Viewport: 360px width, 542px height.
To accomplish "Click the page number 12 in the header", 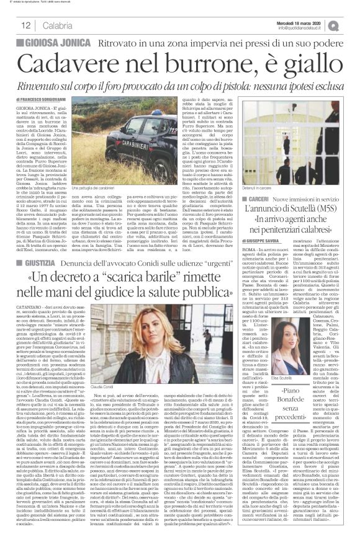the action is pos(26,25).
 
